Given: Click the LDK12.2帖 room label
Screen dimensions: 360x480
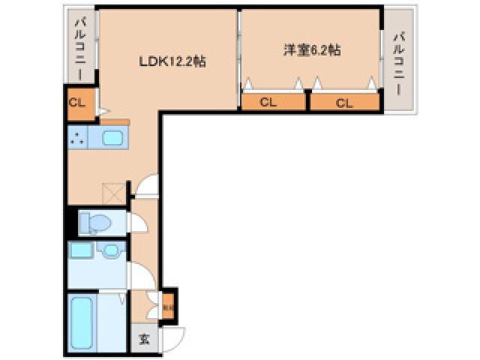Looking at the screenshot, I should point(172,63).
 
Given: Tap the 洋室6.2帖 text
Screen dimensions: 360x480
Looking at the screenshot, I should point(312,51).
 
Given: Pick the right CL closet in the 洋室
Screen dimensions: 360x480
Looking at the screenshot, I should point(344,102).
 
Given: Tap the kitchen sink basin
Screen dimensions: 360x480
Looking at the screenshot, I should point(114,138).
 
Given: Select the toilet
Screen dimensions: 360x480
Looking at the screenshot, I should point(96,223).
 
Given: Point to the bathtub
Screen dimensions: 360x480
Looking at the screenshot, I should point(82,323).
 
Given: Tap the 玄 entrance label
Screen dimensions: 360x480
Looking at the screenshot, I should point(143,338).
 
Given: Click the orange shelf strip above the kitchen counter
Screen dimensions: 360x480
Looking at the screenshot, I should point(114,121).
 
